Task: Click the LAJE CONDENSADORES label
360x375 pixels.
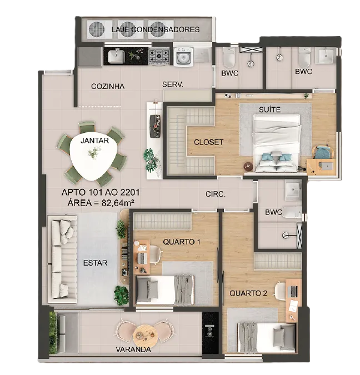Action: click(x=156, y=29)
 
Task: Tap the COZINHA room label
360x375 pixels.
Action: click(x=108, y=86)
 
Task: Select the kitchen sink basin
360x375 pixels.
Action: click(x=116, y=57)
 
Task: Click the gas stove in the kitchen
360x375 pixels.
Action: click(x=159, y=57)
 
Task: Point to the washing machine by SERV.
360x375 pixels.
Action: click(x=183, y=57)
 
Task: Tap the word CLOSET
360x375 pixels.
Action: click(x=208, y=142)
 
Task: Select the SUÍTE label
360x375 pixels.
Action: click(x=269, y=109)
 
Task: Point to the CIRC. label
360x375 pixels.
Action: click(x=216, y=194)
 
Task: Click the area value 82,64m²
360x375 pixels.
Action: click(x=118, y=203)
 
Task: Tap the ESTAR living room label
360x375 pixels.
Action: click(x=95, y=263)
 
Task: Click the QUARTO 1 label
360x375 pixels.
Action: click(x=182, y=242)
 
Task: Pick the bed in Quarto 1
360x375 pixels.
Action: click(x=165, y=289)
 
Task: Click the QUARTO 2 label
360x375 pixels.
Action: click(x=248, y=293)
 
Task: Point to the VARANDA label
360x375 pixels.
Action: click(x=133, y=349)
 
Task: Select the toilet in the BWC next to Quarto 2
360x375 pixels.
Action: click(x=292, y=212)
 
